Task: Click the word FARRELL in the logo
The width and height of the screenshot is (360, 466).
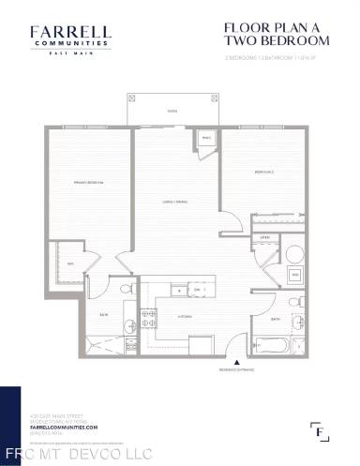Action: coord(69,32)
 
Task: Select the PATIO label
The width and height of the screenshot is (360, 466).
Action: coord(173,111)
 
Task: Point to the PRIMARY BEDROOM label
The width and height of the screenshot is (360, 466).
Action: coord(87,181)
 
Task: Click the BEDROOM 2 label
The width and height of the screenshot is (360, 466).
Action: coord(263,173)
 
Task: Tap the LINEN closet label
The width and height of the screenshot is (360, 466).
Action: coord(265,238)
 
